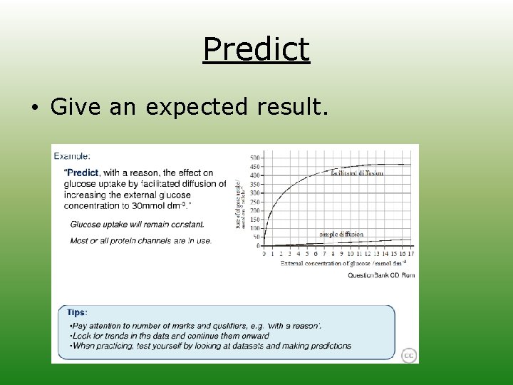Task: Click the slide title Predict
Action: pyautogui.click(x=256, y=50)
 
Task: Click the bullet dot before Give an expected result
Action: pyautogui.click(x=34, y=108)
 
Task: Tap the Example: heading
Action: pyautogui.click(x=73, y=155)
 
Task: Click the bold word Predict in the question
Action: pyautogui.click(x=83, y=173)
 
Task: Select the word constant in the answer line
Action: pyautogui.click(x=185, y=224)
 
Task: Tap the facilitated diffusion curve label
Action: pyautogui.click(x=357, y=173)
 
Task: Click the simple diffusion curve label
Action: pyautogui.click(x=341, y=234)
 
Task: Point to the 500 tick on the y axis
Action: pyautogui.click(x=254, y=158)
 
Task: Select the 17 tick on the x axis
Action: pyautogui.click(x=410, y=254)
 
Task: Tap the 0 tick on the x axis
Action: pyautogui.click(x=264, y=254)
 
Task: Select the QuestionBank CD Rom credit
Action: pyautogui.click(x=380, y=275)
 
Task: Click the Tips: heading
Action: pyautogui.click(x=77, y=312)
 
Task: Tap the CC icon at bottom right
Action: pyautogui.click(x=409, y=355)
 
